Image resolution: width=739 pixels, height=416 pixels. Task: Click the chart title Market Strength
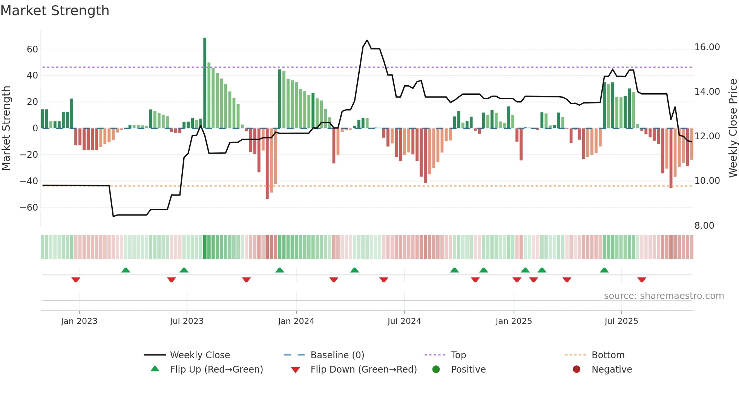55,11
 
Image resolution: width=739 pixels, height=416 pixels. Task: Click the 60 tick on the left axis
32,49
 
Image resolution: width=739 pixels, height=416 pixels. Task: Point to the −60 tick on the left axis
29,207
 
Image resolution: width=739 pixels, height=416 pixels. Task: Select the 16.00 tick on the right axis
707,47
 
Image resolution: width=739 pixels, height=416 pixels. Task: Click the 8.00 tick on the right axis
704,225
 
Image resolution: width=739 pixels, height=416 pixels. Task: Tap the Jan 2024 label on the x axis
296,321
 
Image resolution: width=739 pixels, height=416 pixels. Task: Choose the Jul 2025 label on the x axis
621,321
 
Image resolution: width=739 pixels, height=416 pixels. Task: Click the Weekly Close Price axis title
733,128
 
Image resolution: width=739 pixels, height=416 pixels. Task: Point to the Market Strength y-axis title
6,128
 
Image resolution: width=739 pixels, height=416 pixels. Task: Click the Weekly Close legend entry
199,355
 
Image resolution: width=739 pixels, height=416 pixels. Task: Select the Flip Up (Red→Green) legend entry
216,370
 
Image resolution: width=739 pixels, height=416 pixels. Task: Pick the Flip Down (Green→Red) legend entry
363,370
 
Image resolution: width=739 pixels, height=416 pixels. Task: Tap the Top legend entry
458,355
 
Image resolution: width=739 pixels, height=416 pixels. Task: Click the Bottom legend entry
608,355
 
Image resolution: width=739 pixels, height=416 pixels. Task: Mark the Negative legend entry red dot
576,369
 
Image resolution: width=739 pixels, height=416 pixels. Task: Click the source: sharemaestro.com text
664,296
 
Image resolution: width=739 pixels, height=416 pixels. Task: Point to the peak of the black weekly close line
367,40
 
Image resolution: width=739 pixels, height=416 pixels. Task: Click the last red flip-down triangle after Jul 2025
642,280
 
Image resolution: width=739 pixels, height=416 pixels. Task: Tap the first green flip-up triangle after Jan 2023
126,270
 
